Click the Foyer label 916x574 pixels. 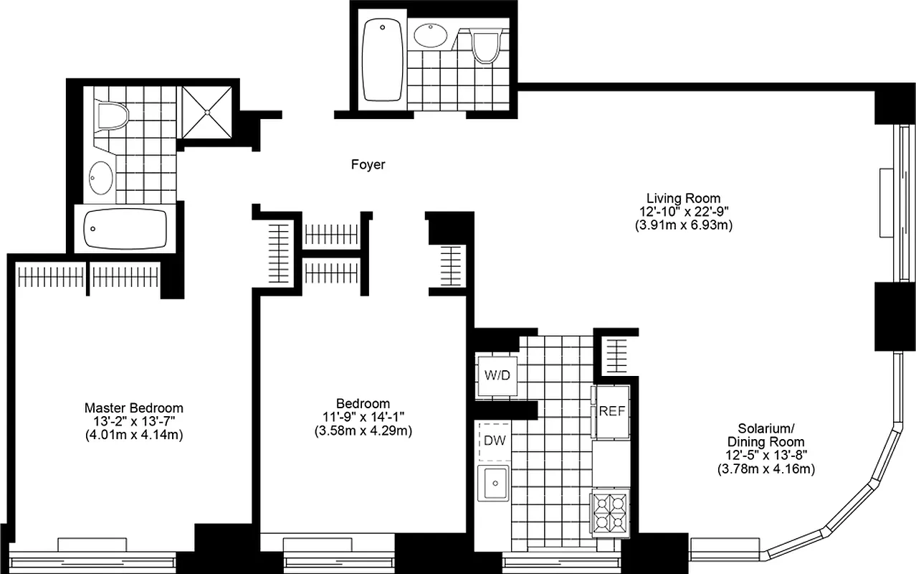tap(368, 164)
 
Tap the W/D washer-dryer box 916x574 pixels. tap(497, 375)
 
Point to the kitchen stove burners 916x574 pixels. tap(609, 512)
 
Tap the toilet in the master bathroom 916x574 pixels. tap(112, 115)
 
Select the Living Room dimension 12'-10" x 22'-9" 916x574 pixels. tap(684, 211)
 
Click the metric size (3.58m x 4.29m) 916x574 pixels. tap(363, 430)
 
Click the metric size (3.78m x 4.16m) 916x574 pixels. tap(765, 469)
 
